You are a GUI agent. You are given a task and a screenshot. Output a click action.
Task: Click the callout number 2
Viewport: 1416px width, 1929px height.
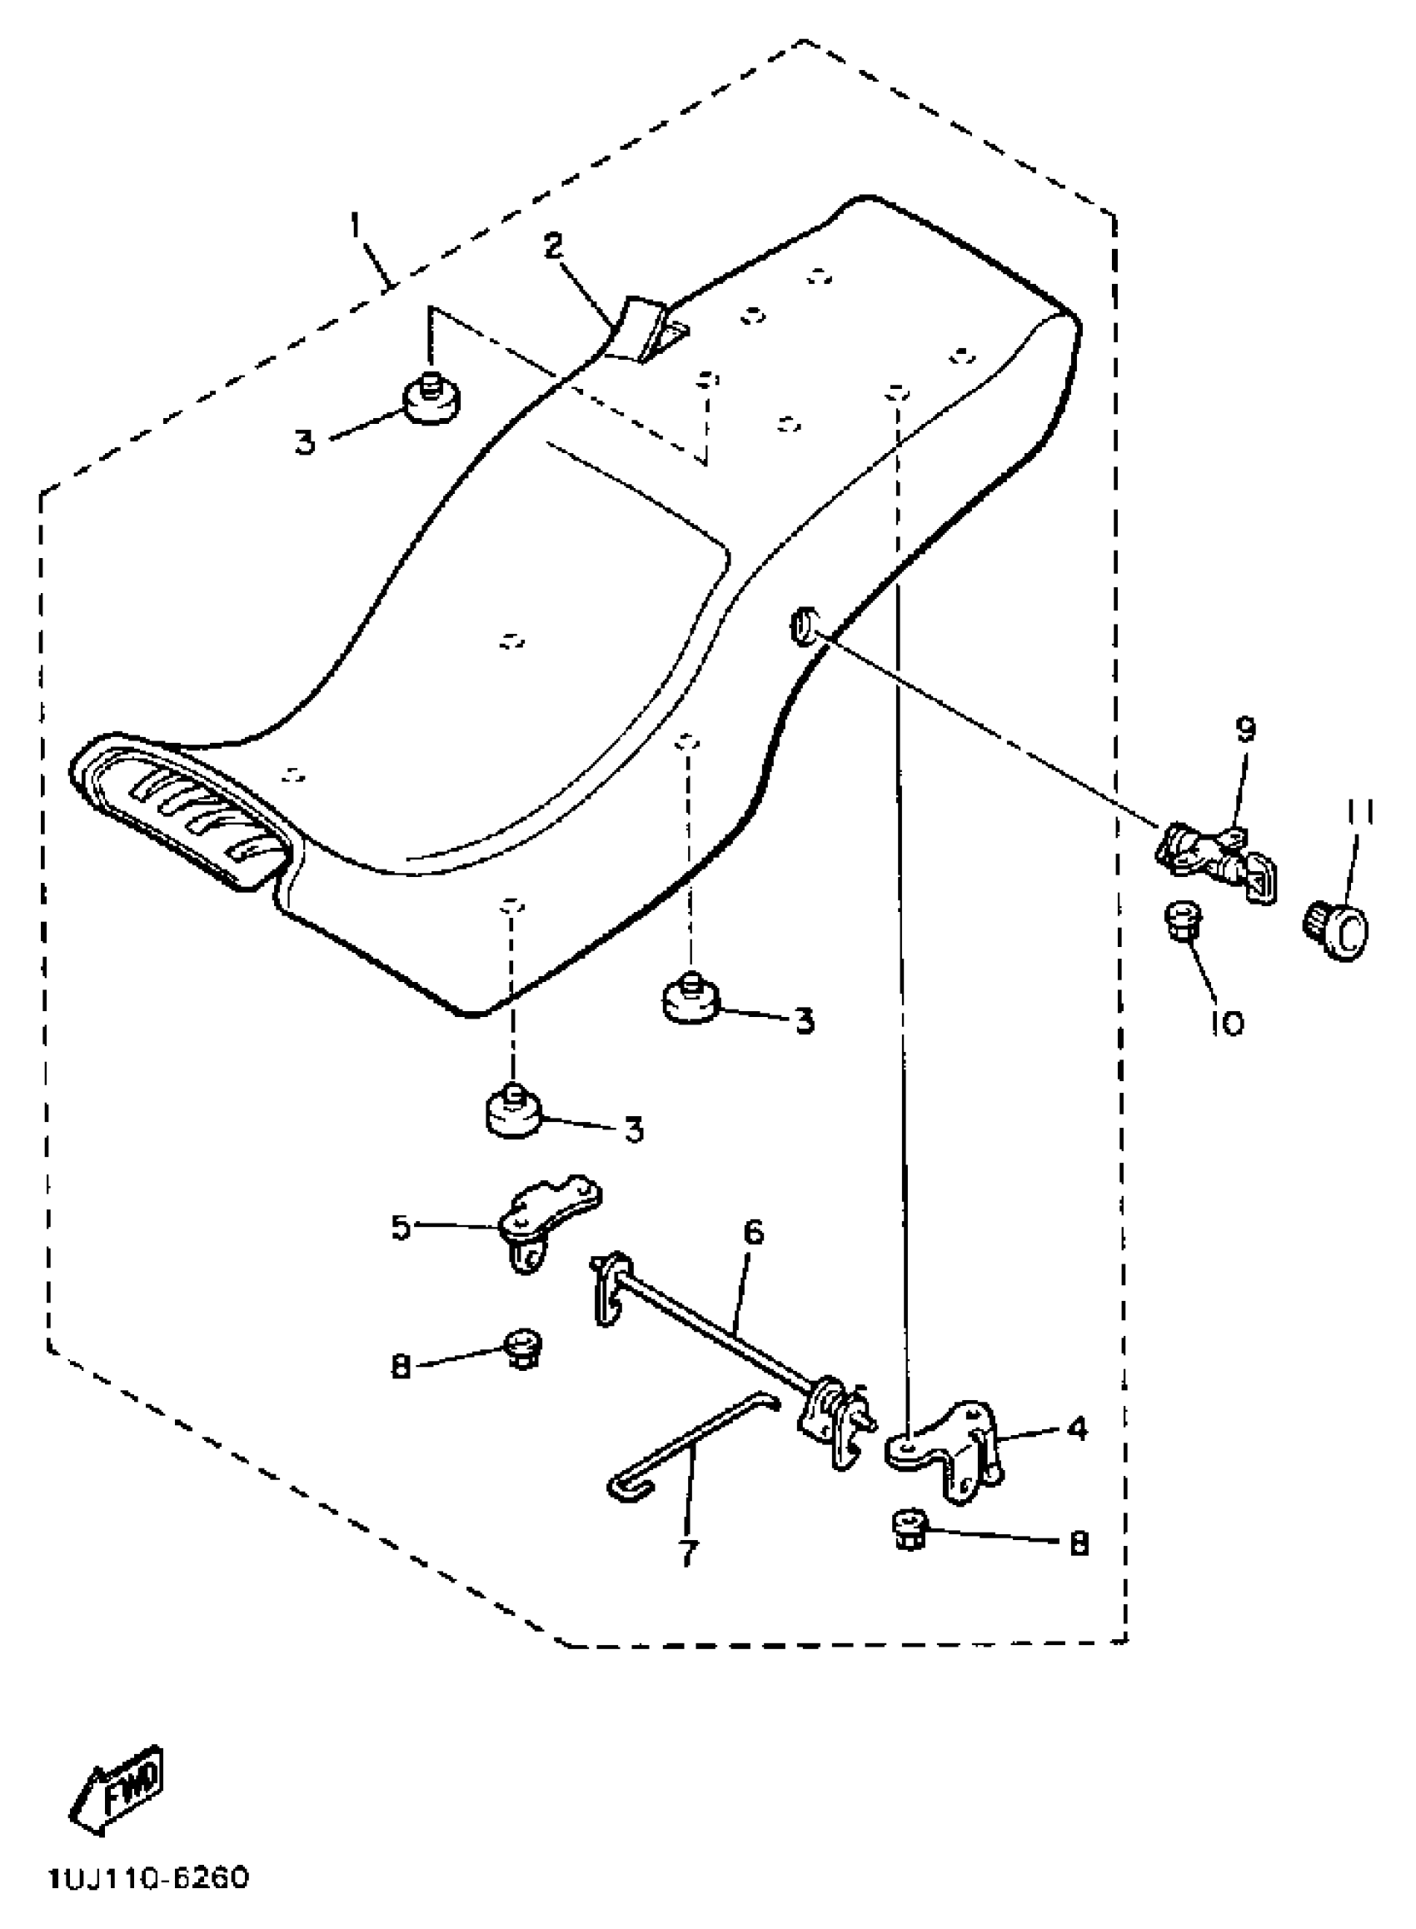[555, 246]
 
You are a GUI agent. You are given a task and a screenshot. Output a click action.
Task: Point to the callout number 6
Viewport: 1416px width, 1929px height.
[753, 1234]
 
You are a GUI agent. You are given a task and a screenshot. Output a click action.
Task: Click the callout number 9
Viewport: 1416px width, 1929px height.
[1245, 730]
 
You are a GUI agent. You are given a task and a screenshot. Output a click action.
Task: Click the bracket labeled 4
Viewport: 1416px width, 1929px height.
[951, 1448]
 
